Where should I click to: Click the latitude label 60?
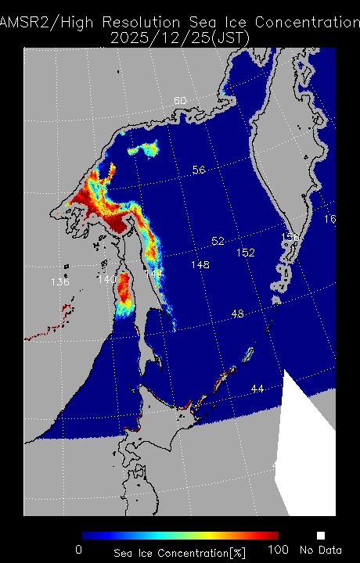(180, 101)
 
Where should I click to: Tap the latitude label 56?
(199, 170)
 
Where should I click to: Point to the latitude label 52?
(218, 241)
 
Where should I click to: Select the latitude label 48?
(238, 314)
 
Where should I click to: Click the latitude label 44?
(257, 389)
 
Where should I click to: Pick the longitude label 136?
(59, 281)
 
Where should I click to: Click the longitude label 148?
(200, 265)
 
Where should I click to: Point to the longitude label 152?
(246, 253)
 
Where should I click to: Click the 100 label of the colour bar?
(279, 550)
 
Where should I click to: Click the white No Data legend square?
(320, 536)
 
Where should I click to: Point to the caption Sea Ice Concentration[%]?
(179, 554)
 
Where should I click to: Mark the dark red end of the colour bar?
(274, 536)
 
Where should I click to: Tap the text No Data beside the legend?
(318, 550)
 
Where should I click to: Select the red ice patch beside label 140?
(124, 289)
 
